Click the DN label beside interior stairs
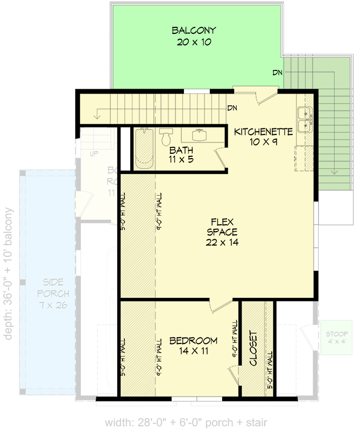pyautogui.click(x=232, y=108)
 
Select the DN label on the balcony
pyautogui.click(x=277, y=73)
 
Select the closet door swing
pyautogui.click(x=234, y=374)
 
